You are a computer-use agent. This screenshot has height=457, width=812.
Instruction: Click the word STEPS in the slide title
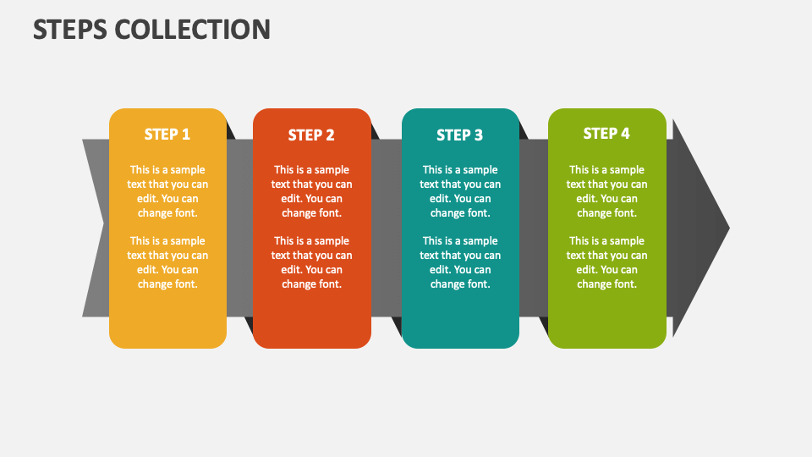tap(70, 29)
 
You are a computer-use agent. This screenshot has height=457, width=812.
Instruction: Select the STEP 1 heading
tap(167, 135)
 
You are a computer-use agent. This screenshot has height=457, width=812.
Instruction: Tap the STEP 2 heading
tap(311, 135)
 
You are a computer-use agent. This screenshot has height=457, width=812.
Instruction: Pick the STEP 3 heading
tap(460, 135)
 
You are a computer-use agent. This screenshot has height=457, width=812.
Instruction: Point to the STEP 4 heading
tap(606, 134)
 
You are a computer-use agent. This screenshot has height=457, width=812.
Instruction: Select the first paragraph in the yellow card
tap(167, 191)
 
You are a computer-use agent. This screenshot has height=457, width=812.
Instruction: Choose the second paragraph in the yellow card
tap(167, 262)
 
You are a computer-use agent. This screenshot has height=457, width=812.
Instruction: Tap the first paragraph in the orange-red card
tap(311, 191)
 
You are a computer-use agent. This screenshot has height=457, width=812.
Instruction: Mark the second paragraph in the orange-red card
tap(311, 262)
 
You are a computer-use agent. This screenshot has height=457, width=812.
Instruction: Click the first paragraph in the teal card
tap(460, 191)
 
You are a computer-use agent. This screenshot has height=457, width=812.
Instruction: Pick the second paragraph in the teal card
tap(460, 262)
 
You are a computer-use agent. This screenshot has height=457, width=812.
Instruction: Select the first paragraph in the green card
tap(606, 191)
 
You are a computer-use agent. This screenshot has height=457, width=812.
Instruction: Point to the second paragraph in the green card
tap(606, 262)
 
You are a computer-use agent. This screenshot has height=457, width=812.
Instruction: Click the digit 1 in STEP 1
tap(186, 135)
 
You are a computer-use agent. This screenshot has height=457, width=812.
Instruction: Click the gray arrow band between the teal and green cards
tap(534, 228)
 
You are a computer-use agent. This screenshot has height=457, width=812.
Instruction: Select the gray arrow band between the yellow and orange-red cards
tap(239, 228)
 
